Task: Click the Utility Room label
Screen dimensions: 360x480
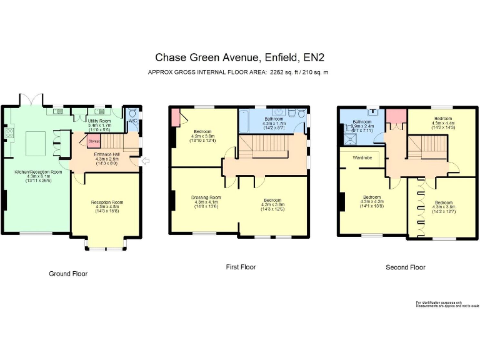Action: tap(99, 120)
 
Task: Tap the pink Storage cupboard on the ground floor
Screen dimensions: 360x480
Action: tap(94, 141)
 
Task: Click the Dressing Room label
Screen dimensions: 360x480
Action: tap(206, 197)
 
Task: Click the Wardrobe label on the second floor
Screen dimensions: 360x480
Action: tap(362, 158)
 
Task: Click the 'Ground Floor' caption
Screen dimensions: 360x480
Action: tap(68, 274)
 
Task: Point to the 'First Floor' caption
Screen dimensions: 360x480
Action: tap(241, 267)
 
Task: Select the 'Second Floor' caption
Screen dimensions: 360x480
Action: tap(405, 267)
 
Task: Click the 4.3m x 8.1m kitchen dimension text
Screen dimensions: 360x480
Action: tap(39, 176)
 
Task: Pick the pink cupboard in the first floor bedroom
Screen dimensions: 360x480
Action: tap(175, 116)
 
